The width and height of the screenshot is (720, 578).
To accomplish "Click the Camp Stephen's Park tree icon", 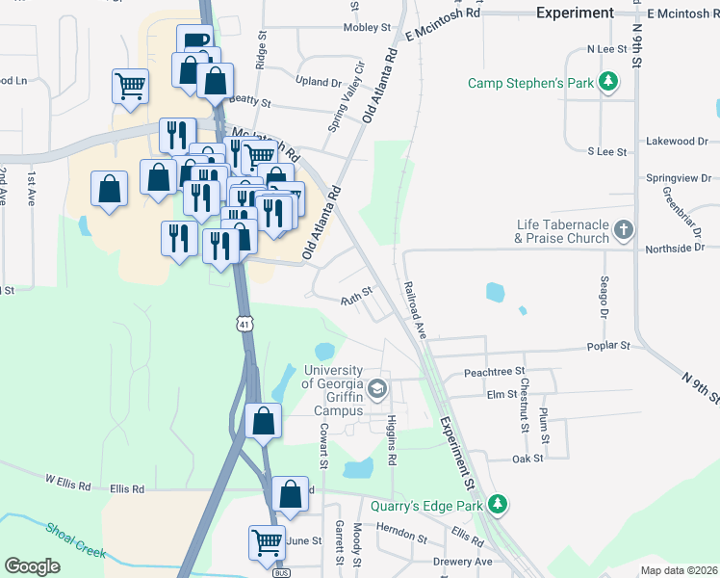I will point(607,83).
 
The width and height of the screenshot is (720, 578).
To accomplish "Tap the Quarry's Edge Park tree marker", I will point(497,504).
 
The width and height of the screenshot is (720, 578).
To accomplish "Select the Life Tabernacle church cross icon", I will point(624,230).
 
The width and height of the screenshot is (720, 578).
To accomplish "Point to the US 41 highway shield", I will point(246,325).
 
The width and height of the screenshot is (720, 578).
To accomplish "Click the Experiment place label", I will point(575,13).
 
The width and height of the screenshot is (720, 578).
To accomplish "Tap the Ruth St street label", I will point(355,302).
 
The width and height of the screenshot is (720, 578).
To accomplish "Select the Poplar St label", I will point(609,345).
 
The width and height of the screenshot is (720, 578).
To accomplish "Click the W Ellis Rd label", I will point(66,478).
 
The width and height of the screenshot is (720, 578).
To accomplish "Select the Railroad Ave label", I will point(415,307).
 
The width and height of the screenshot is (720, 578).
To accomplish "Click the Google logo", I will point(32,565).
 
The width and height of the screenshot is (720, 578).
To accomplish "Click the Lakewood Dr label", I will point(676,141).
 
